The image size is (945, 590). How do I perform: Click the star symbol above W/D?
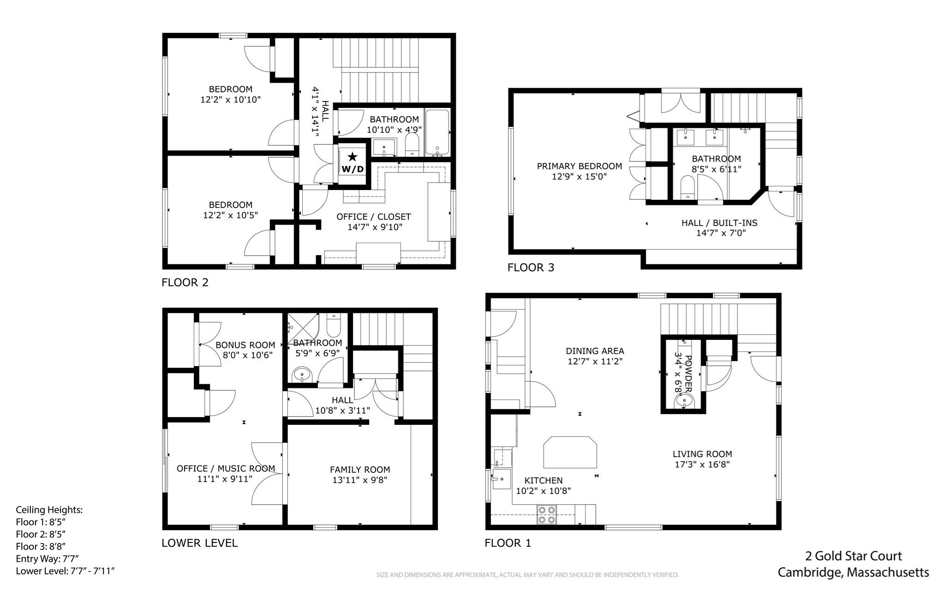(x=353, y=157)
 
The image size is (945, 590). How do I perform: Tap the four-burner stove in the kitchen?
(x=546, y=514)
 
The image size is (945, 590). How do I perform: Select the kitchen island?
(x=570, y=453)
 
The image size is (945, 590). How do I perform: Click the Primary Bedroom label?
(x=579, y=166)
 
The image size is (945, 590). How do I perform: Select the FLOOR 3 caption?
(x=531, y=268)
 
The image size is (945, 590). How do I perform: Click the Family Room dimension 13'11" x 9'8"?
(x=359, y=480)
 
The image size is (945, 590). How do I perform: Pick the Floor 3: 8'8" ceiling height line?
(x=41, y=546)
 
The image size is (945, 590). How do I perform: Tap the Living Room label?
(x=702, y=454)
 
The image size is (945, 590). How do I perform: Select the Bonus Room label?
(x=245, y=345)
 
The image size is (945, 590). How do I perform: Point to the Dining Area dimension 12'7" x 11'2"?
(x=595, y=361)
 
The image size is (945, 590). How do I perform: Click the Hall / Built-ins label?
(x=719, y=223)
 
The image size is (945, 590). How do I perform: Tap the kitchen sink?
(x=501, y=479)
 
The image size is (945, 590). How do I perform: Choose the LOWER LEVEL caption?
(x=199, y=543)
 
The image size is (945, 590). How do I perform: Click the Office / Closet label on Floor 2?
(x=373, y=217)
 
